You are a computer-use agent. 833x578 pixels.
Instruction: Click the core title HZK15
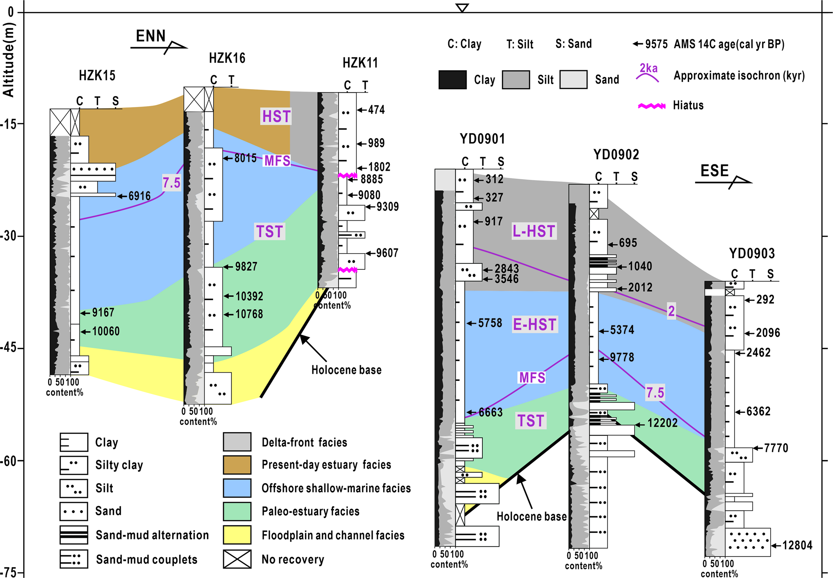[97, 76]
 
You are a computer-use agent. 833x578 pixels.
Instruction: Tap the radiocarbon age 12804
[797, 545]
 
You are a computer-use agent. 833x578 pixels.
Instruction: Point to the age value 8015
[245, 158]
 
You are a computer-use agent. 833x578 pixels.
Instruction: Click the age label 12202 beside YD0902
[662, 423]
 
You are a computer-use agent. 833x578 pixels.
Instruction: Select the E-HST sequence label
[535, 324]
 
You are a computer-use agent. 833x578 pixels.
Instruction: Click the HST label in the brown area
[276, 117]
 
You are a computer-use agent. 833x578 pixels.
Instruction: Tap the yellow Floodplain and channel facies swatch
[237, 535]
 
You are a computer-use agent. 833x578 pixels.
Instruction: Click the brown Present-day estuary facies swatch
[237, 465]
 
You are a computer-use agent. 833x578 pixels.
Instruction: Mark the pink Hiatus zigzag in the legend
[651, 106]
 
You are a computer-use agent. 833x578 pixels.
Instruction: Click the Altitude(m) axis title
[8, 60]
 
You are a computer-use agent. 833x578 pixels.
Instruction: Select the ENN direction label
[151, 36]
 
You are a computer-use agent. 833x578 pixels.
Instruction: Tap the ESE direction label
[714, 171]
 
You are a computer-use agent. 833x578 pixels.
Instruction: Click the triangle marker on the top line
[462, 8]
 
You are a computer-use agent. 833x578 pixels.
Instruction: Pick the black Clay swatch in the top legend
[452, 80]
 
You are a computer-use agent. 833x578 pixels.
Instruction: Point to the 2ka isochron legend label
[648, 68]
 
